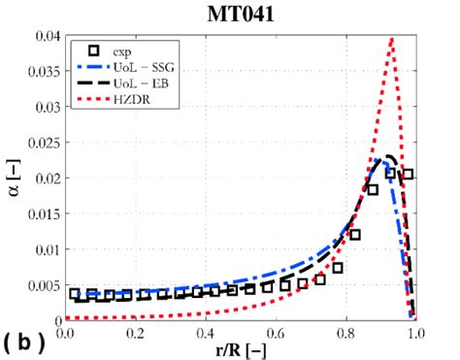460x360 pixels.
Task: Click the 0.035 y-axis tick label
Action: (x=41, y=73)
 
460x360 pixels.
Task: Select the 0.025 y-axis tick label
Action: (x=41, y=143)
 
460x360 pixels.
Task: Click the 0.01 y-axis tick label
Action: (x=45, y=247)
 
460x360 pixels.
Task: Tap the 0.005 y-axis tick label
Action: (x=41, y=282)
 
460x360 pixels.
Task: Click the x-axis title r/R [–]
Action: (x=241, y=347)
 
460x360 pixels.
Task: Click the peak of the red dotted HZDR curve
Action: (x=391, y=40)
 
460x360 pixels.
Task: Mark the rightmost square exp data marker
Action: (x=408, y=175)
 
